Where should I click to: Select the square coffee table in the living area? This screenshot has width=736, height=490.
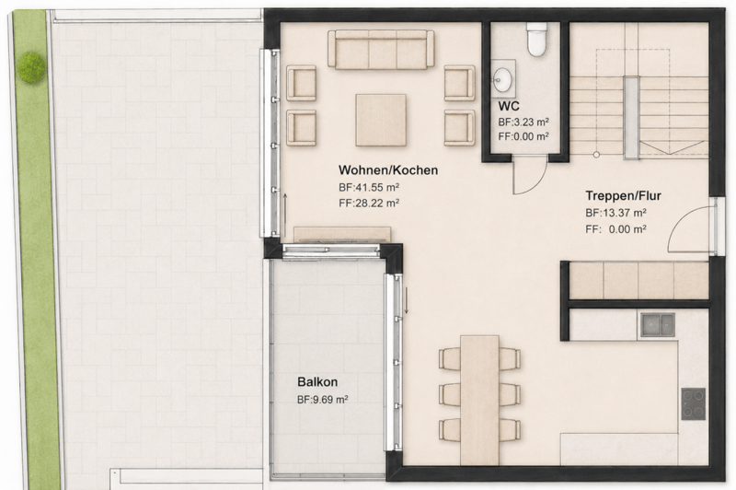click(381, 120)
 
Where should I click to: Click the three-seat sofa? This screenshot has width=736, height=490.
click(381, 50)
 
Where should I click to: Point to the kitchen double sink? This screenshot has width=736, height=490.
click(658, 324)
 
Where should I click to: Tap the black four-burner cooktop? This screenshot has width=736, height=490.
click(694, 403)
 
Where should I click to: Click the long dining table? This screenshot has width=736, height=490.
click(479, 400)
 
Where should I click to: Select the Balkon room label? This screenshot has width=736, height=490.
click(317, 382)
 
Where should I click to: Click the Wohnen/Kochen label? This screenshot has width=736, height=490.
click(388, 170)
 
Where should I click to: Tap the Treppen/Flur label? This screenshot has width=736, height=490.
click(623, 196)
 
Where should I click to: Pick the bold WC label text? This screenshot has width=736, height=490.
click(509, 106)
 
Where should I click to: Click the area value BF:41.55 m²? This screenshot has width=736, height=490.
click(369, 188)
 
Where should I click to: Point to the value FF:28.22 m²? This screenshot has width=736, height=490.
click(369, 204)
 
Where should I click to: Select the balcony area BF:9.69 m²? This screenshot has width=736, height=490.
click(323, 400)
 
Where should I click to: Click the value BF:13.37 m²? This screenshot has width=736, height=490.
click(615, 213)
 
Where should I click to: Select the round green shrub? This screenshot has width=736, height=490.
click(31, 66)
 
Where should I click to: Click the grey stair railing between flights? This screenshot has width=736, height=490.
click(631, 118)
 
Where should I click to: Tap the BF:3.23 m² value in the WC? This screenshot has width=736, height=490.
click(523, 122)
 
